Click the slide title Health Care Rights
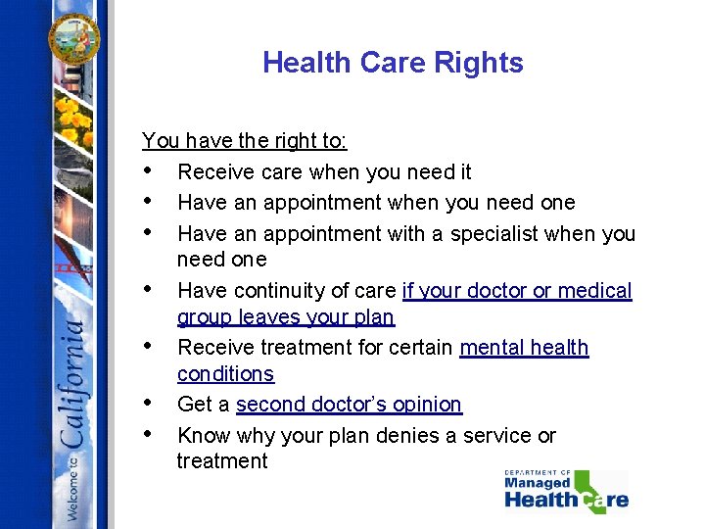pos(393,63)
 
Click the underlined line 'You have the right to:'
pos(244,140)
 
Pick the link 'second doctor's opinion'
pos(349,404)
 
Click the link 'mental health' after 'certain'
pos(524,347)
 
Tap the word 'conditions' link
pos(225,373)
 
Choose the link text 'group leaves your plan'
pos(285,317)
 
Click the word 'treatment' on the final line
pos(221,460)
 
